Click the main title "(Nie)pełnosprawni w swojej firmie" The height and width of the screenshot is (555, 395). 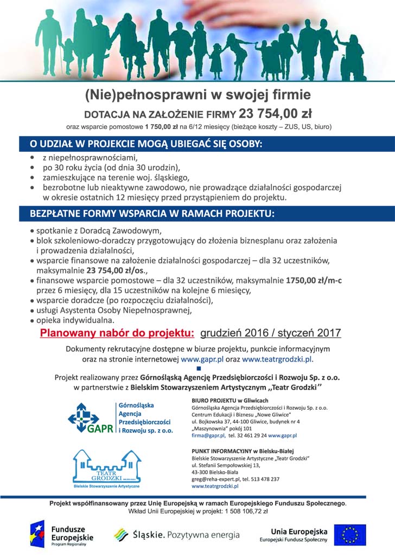197,95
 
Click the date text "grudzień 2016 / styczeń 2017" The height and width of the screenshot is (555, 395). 270,332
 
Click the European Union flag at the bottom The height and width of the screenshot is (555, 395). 349,534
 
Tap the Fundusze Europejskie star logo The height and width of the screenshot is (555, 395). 37,534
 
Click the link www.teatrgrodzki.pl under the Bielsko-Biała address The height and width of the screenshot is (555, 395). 215,486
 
